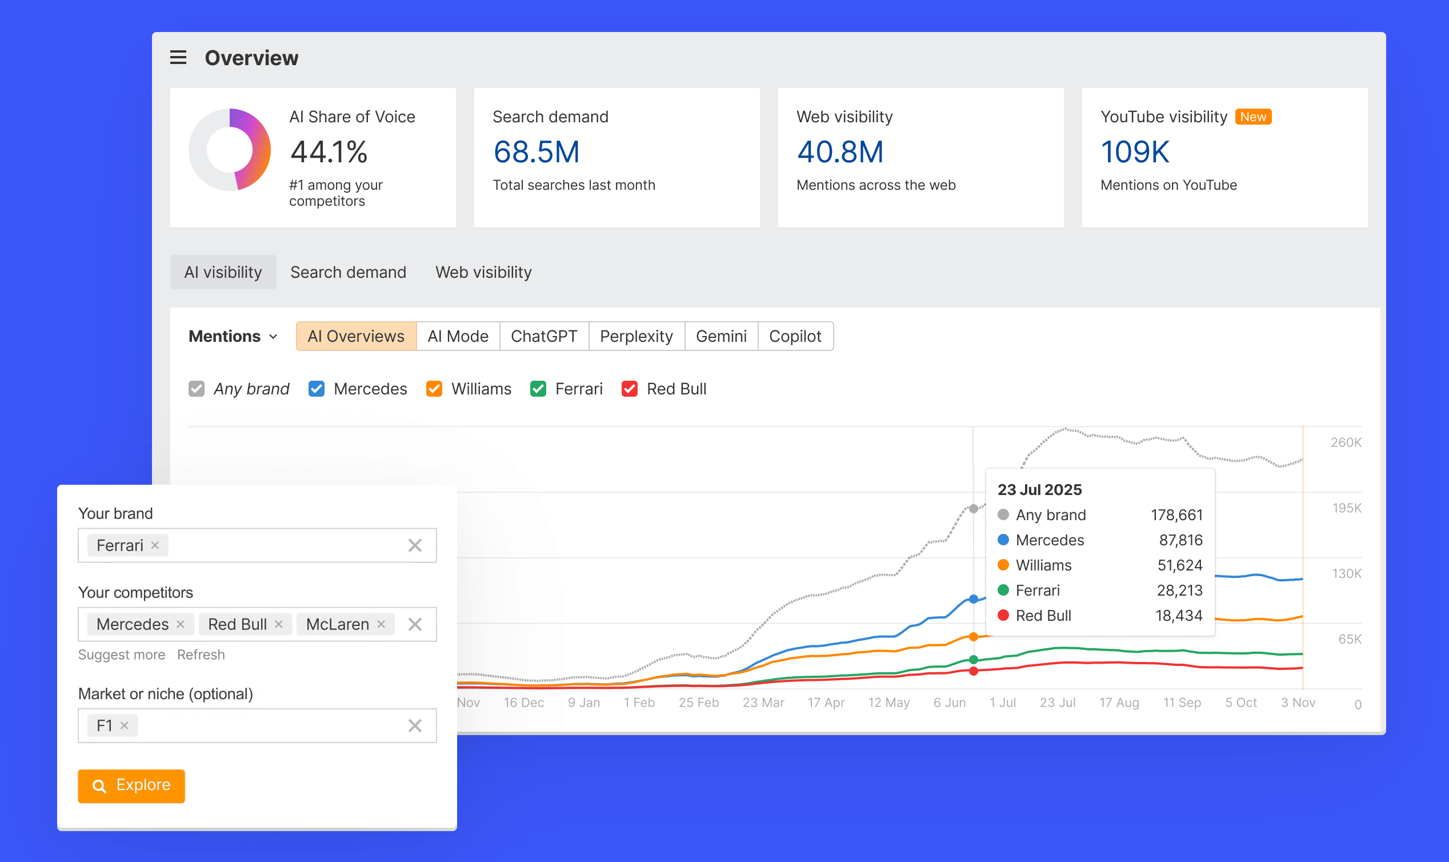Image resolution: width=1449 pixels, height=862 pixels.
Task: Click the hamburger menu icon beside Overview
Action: point(178,58)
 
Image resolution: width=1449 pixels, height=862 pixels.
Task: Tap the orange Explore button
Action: point(131,785)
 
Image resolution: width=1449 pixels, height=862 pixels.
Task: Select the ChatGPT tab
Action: point(543,336)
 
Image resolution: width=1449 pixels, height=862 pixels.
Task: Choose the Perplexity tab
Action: point(636,336)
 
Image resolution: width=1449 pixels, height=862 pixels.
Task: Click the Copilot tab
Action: point(794,336)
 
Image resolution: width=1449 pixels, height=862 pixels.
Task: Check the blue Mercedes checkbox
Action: point(317,389)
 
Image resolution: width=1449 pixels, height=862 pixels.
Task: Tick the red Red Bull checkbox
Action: point(629,389)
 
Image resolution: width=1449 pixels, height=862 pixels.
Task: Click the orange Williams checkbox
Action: point(434,389)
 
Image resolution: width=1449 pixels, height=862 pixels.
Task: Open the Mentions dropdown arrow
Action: point(274,337)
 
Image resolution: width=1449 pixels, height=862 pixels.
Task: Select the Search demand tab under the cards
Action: point(348,272)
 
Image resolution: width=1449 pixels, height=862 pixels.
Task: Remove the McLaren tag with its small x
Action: point(382,624)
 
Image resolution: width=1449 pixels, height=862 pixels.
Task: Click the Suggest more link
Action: point(121,655)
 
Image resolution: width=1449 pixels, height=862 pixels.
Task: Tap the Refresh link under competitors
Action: point(201,655)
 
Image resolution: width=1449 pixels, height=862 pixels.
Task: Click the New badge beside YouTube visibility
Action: point(1253,117)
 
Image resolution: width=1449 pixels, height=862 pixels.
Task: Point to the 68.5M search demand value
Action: point(536,152)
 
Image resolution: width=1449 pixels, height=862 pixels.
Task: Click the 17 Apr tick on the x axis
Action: point(826,703)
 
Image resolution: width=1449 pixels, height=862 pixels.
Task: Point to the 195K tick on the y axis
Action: point(1346,508)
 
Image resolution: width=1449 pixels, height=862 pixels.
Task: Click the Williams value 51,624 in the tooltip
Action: point(1179,565)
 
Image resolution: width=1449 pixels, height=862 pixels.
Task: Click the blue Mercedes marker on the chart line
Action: point(974,599)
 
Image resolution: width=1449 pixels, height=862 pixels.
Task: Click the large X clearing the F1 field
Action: point(414,725)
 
